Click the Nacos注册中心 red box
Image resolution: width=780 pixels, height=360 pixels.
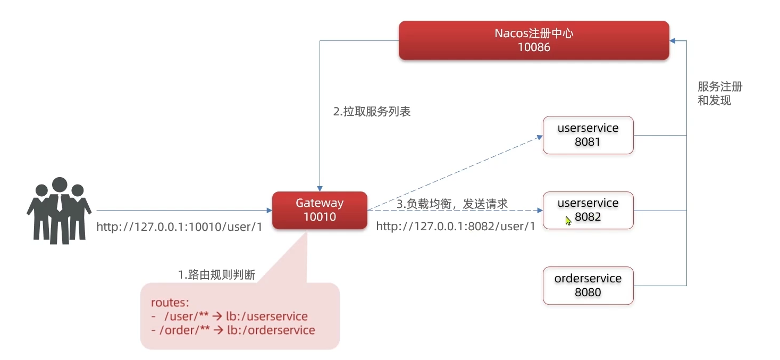(534, 40)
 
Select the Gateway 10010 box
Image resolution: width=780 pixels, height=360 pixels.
(320, 210)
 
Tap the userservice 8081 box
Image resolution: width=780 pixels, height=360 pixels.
(588, 135)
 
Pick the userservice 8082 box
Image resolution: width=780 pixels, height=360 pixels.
(588, 210)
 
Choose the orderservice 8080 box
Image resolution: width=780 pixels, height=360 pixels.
(588, 286)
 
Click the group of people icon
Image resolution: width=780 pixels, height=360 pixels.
(59, 211)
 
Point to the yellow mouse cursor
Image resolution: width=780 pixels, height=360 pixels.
(568, 221)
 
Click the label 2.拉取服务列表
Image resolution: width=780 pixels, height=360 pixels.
(372, 112)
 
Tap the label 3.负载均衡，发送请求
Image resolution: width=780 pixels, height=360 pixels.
(452, 204)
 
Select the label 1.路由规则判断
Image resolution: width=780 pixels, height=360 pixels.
(216, 275)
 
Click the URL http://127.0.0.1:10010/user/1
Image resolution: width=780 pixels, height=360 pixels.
(179, 227)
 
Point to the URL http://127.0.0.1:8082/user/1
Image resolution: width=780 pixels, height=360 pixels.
(456, 227)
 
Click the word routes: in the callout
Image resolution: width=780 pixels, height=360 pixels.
(170, 302)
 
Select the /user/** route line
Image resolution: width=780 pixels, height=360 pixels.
(230, 316)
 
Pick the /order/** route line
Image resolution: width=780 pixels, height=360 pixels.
(233, 330)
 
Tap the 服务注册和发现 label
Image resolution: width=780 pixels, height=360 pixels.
(720, 93)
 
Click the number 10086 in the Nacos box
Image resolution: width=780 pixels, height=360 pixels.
(534, 47)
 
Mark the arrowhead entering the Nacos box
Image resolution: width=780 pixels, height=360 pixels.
(673, 41)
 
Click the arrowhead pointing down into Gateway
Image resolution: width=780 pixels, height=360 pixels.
(320, 188)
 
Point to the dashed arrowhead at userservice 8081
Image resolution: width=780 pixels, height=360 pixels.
(540, 137)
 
